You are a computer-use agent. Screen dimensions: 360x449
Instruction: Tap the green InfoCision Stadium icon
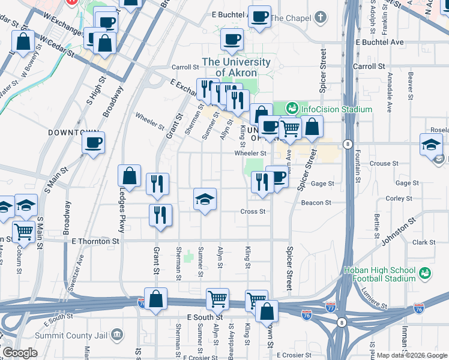tap(292, 109)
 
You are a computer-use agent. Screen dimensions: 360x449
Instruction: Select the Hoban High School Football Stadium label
tap(379, 274)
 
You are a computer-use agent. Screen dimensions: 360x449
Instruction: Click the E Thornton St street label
tap(96, 241)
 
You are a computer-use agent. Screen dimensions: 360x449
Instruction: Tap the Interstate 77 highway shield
tap(331, 307)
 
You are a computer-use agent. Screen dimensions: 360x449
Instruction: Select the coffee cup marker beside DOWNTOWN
tap(93, 143)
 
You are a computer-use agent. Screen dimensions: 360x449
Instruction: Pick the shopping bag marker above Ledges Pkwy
tap(129, 176)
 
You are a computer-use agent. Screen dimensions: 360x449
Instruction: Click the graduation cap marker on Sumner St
tap(205, 199)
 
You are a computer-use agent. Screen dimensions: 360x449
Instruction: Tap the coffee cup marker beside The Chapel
tap(259, 17)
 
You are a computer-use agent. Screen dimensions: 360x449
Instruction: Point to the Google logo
tap(20, 353)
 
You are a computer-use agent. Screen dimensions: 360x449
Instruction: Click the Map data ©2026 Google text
tap(411, 355)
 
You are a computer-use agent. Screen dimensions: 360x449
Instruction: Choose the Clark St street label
tap(423, 242)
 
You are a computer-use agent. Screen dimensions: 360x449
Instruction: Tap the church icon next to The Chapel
tap(322, 17)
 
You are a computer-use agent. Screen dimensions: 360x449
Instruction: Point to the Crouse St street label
tap(380, 163)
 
